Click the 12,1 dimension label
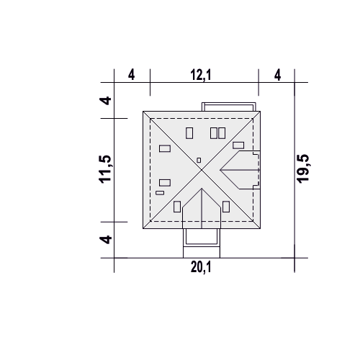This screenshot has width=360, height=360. click(x=201, y=75)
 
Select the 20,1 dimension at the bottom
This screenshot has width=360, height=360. click(x=201, y=267)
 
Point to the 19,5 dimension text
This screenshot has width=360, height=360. click(x=304, y=168)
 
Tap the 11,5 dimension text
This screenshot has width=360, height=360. click(x=105, y=169)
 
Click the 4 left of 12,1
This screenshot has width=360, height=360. click(x=131, y=75)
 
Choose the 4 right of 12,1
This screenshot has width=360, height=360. click(x=277, y=75)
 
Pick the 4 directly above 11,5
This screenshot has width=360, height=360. click(x=105, y=101)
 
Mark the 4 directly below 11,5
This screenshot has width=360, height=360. click(x=105, y=240)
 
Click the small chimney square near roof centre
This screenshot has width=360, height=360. click(x=199, y=160)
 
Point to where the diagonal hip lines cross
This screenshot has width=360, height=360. click(x=202, y=170)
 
